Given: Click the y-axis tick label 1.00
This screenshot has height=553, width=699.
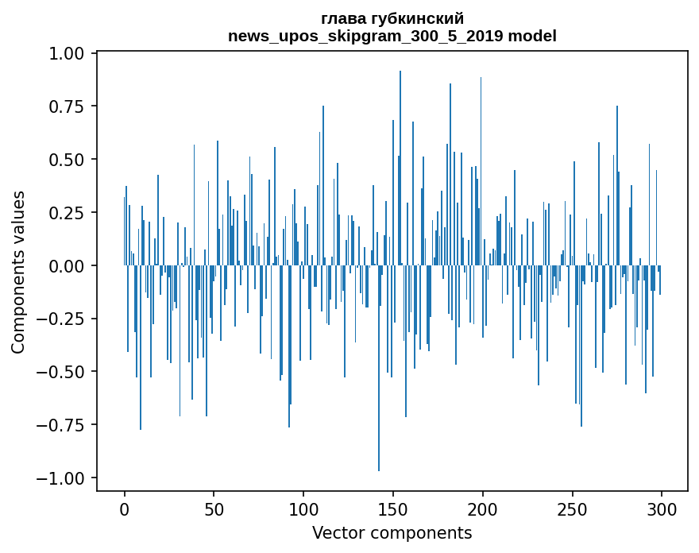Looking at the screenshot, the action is [x=66, y=54].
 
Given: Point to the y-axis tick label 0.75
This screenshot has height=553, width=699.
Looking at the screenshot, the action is [x=66, y=107].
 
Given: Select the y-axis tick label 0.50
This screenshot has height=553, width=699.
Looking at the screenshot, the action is [x=66, y=160].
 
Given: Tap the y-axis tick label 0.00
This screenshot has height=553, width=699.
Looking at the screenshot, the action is [x=66, y=266].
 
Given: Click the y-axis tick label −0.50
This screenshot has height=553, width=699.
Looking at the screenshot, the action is [x=60, y=372].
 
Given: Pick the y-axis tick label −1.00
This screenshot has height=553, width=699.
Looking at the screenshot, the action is [x=60, y=478].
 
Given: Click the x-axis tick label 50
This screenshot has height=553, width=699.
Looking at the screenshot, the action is [x=214, y=509].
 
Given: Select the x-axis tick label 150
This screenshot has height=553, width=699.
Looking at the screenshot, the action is [x=392, y=509].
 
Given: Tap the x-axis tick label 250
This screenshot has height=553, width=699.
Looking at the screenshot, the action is [x=572, y=509].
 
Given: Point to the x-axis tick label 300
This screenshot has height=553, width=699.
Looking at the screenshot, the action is [x=662, y=509].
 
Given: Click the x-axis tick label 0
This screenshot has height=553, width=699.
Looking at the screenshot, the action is [x=125, y=509].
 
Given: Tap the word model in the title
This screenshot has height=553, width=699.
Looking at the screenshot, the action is [x=532, y=36].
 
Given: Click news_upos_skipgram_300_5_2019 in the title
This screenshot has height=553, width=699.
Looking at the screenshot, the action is [x=366, y=37].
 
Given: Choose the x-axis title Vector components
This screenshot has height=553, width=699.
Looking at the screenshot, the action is [x=392, y=533].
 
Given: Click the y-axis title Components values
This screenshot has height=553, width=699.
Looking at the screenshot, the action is [x=18, y=273].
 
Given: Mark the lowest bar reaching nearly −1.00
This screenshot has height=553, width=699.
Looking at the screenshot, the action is [x=379, y=368].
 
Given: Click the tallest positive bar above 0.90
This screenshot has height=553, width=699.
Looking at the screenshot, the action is [x=400, y=168].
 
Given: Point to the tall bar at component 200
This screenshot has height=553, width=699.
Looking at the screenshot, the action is [x=481, y=172].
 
